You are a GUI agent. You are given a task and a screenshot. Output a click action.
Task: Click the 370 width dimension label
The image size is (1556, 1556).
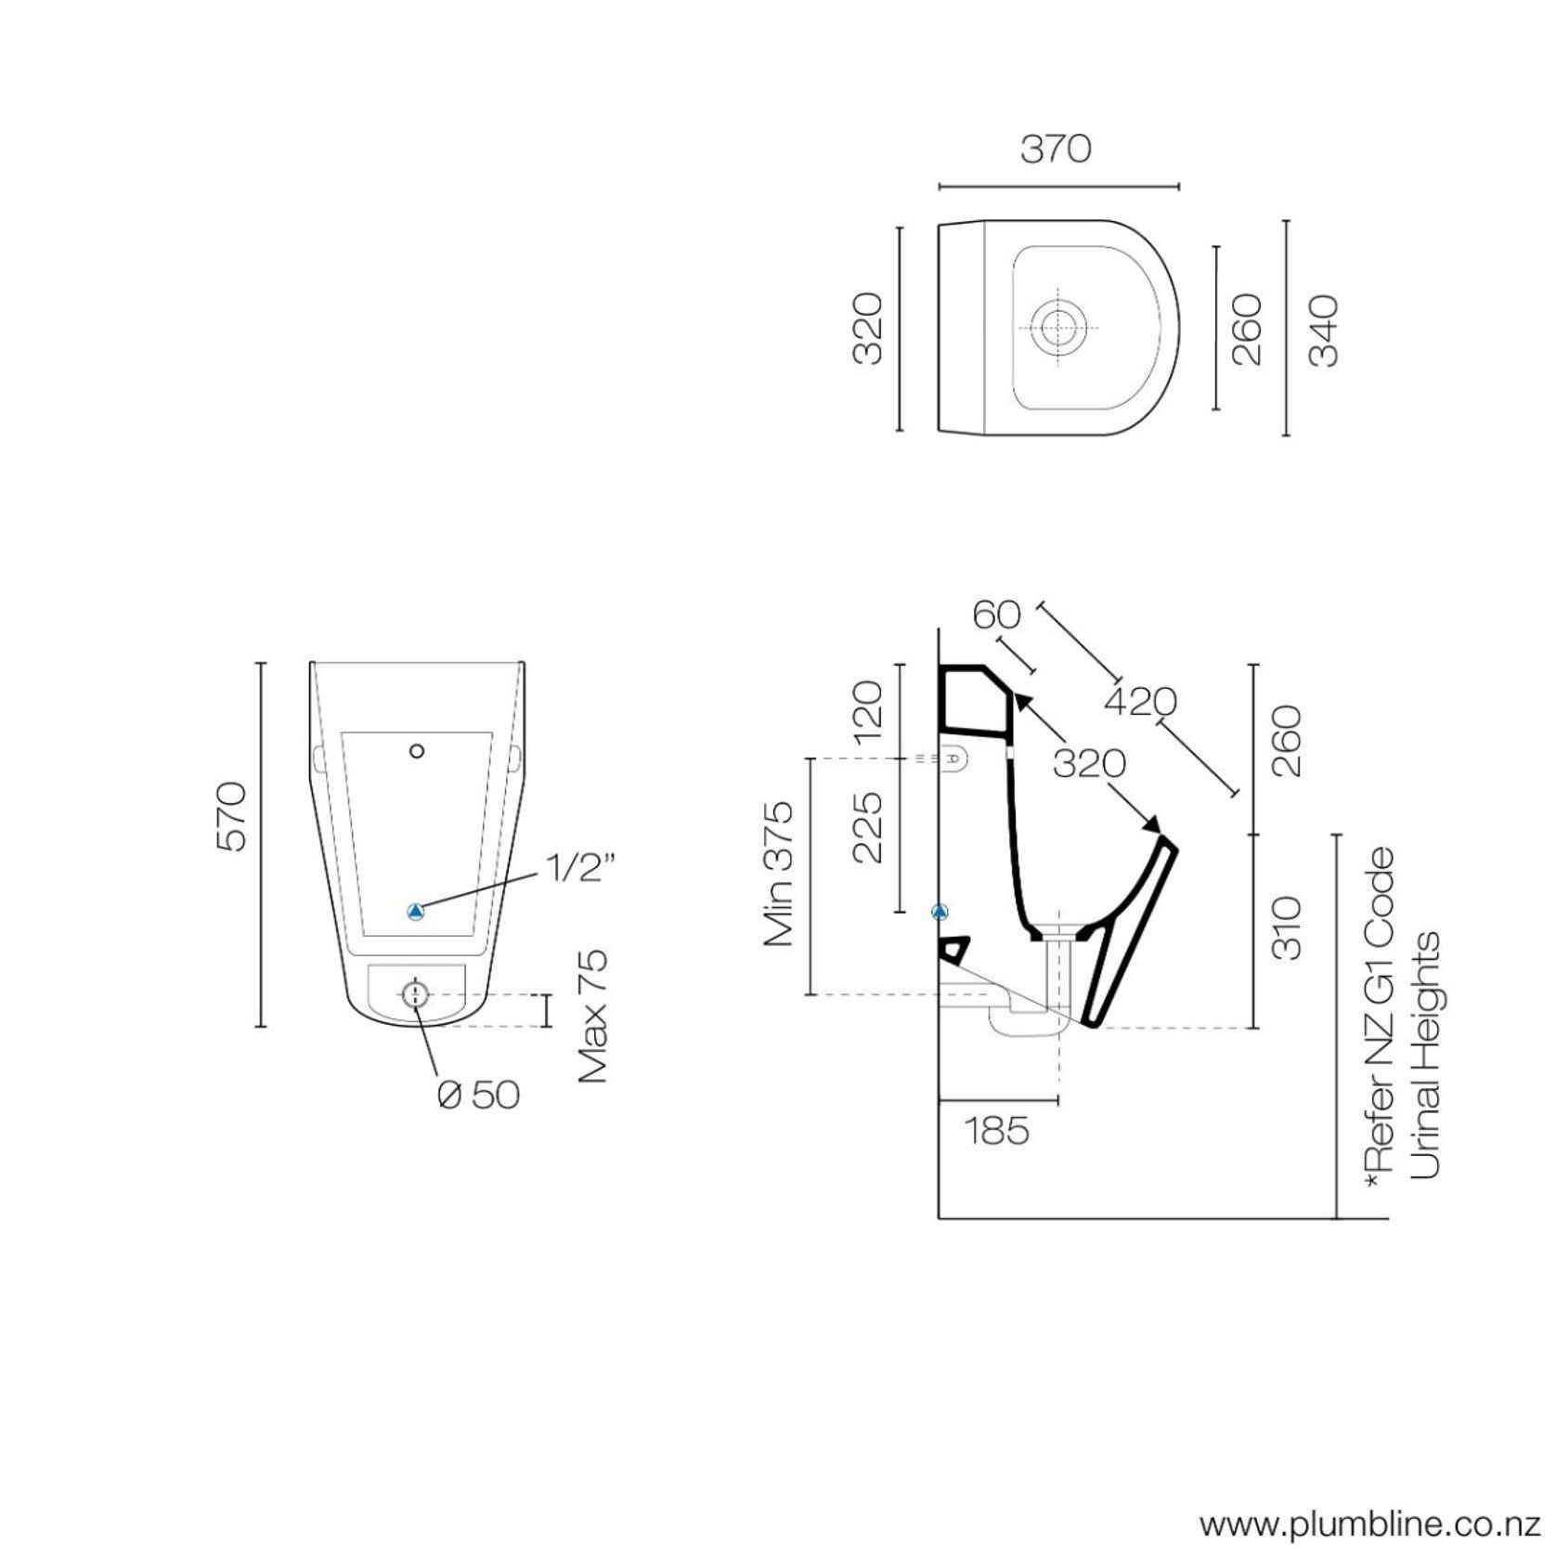(x=1056, y=149)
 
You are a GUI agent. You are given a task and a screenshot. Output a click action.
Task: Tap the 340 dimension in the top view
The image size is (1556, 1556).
(x=1323, y=331)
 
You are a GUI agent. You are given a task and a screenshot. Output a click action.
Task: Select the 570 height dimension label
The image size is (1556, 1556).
(x=231, y=817)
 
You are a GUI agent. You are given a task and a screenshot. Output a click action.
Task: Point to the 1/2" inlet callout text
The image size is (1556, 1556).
(x=580, y=869)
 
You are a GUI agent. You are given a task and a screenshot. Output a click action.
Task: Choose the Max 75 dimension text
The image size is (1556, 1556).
(x=592, y=1016)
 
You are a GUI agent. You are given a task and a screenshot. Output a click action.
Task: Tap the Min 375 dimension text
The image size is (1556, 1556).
(x=779, y=874)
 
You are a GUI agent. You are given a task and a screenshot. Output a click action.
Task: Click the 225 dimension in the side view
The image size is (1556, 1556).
(x=867, y=827)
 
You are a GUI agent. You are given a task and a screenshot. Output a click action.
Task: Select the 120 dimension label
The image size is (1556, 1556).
(x=867, y=712)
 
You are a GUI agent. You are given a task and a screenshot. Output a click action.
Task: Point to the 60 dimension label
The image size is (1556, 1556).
(x=996, y=615)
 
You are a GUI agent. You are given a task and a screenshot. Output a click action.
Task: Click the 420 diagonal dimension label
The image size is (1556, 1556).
(x=1140, y=702)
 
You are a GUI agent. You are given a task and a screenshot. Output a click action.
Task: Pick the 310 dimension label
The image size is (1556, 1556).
(x=1287, y=927)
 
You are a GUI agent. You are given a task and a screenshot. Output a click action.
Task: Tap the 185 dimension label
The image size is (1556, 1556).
(x=997, y=1131)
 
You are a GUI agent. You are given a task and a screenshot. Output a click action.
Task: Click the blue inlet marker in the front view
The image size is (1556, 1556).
(x=416, y=912)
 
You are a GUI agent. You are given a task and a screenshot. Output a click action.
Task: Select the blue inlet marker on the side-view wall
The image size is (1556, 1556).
(x=940, y=913)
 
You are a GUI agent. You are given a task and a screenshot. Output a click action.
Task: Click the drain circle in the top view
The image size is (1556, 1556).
(x=1057, y=328)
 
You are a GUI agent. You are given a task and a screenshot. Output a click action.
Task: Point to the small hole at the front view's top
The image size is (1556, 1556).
(x=417, y=750)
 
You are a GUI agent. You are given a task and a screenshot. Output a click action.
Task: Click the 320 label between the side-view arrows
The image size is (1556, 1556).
(x=1089, y=764)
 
